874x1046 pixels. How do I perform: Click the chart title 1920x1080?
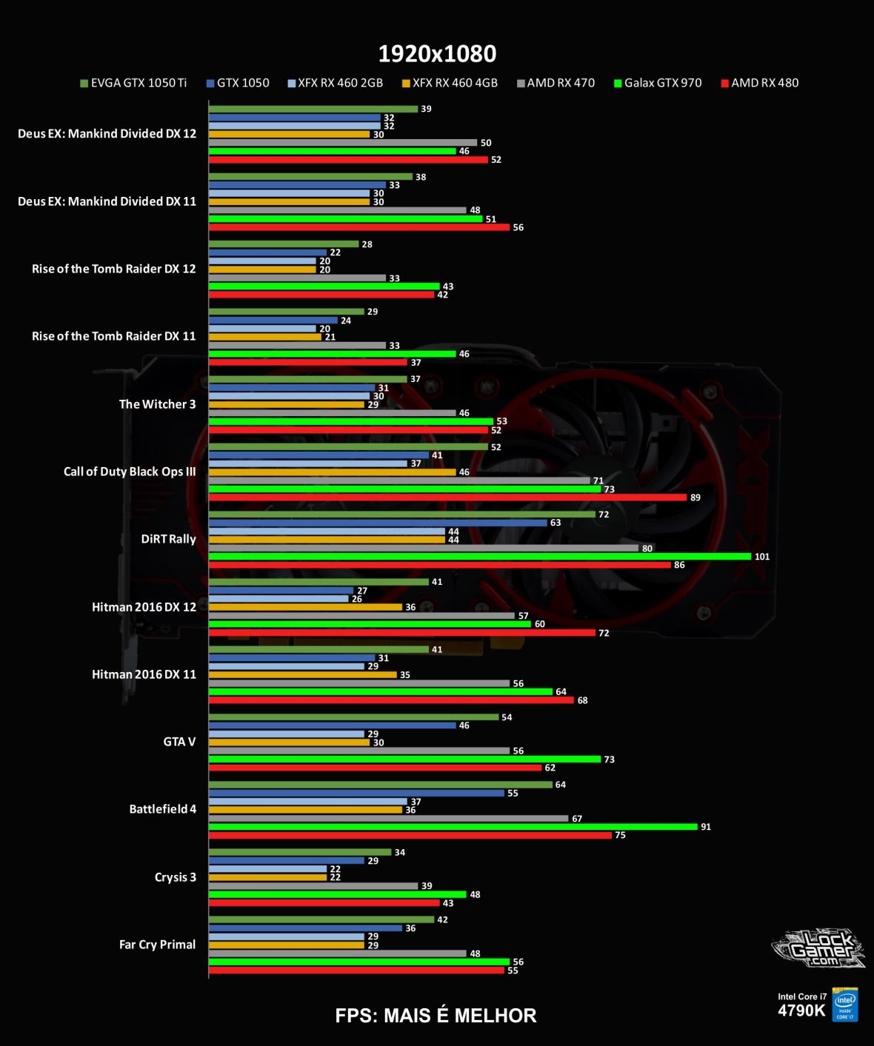pos(437,53)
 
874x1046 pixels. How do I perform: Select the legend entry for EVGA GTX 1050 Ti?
pos(133,83)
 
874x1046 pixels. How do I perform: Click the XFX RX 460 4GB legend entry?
pos(450,83)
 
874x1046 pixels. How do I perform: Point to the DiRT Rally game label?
pos(168,539)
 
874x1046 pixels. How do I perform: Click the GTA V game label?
pos(179,742)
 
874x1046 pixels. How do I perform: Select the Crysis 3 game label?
pos(175,877)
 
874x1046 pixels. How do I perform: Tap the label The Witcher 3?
pos(157,404)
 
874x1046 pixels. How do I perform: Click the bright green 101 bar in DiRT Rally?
pos(480,557)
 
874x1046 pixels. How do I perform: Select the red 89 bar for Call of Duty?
pos(447,497)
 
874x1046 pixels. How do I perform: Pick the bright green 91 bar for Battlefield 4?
pos(453,827)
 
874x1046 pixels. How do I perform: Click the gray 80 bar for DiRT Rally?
pos(423,549)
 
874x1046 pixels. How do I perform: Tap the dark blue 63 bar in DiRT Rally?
pos(378,523)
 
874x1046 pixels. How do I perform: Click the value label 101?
pos(762,557)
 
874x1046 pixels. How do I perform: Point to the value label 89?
pos(695,497)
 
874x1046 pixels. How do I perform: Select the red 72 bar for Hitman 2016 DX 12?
pos(402,633)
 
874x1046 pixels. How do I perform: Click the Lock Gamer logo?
pos(818,948)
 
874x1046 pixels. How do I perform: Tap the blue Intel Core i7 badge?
pos(845,1005)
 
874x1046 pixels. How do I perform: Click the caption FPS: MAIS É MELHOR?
pos(436,1016)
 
